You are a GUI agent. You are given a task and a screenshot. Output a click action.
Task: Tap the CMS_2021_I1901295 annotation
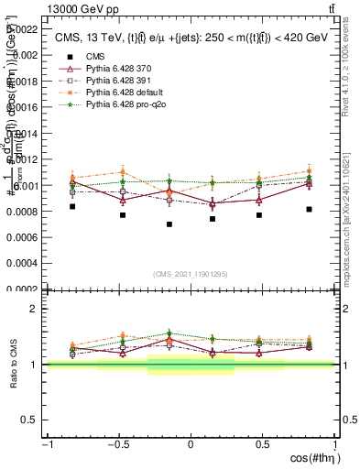[x=190, y=274]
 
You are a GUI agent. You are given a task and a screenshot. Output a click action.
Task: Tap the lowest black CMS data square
[x=169, y=224]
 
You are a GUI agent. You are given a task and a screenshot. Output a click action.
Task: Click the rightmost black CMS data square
[x=310, y=209]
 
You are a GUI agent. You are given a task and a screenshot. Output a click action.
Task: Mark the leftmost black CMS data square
[x=72, y=206]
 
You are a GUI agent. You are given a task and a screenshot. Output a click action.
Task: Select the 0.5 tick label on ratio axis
[x=31, y=420]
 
